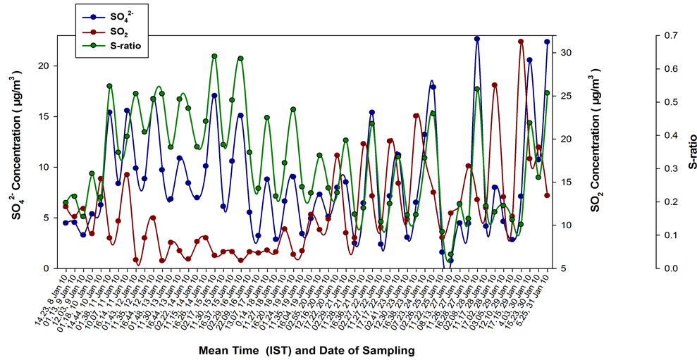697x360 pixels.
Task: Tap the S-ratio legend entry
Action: [x=116, y=46]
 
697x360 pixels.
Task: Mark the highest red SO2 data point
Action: [x=521, y=42]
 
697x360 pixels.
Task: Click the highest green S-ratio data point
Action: [x=214, y=56]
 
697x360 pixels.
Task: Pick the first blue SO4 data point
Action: [x=66, y=223]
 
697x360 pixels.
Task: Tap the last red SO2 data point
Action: [x=547, y=195]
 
